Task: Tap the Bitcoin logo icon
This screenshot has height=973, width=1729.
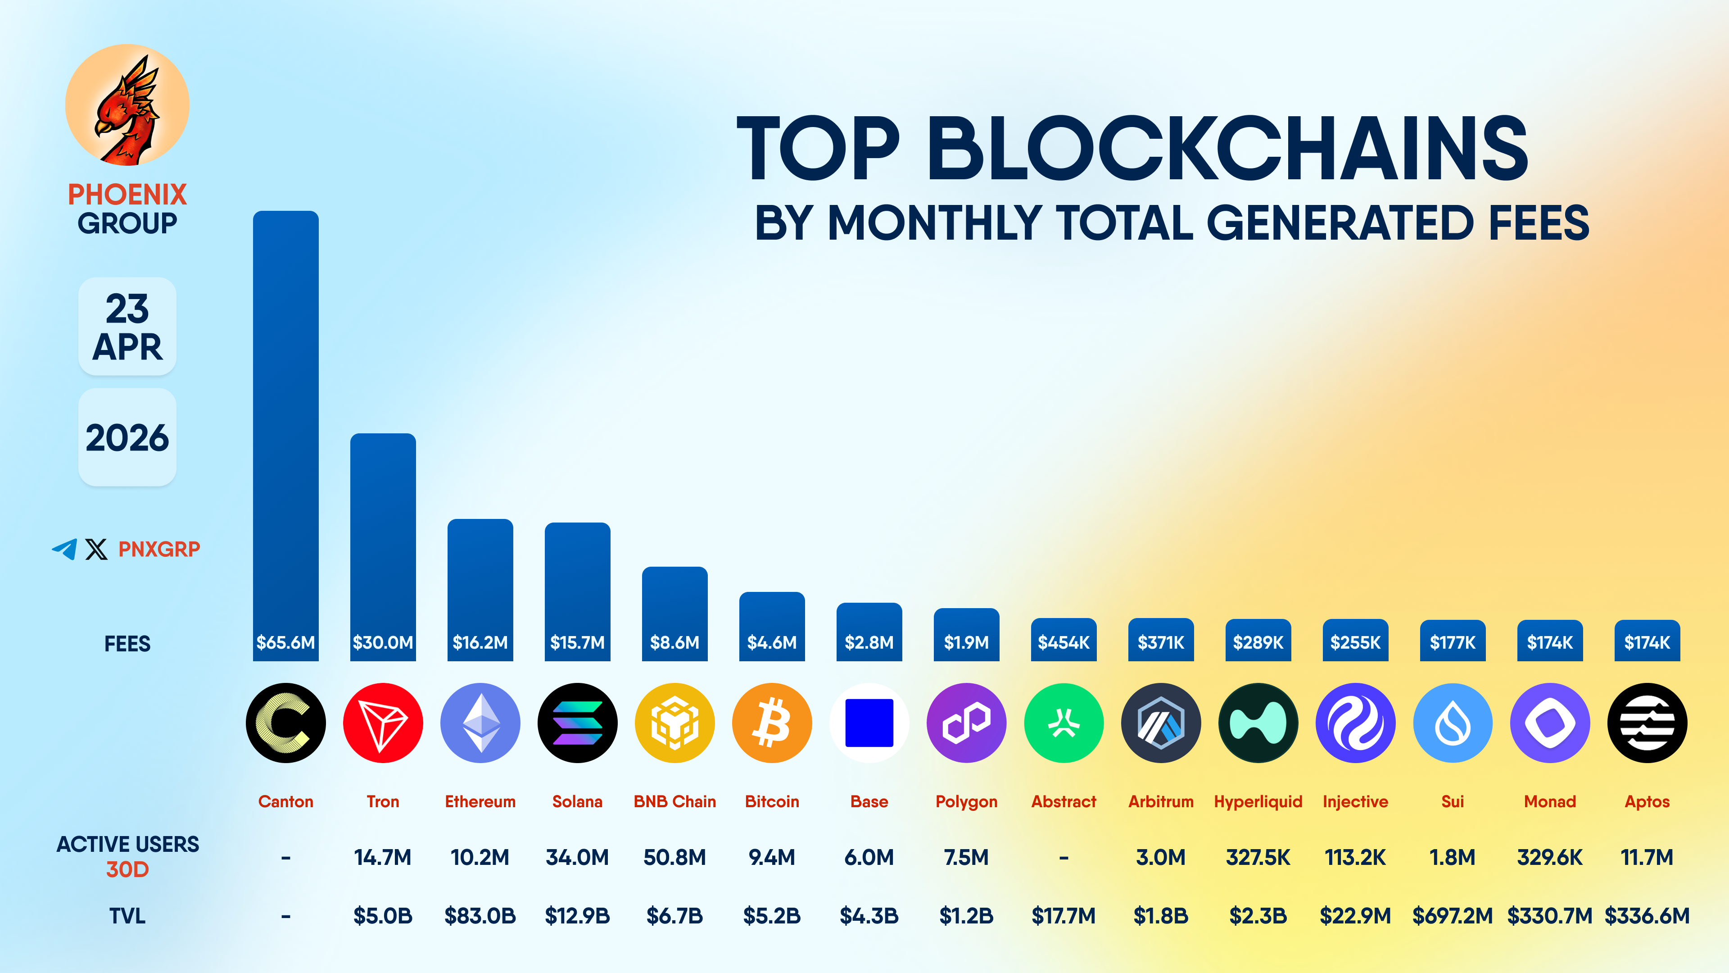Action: (x=772, y=723)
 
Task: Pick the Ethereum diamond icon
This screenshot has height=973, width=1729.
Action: (x=480, y=723)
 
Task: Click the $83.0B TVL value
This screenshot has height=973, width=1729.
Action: (x=480, y=916)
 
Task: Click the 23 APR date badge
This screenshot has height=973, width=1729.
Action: (x=127, y=327)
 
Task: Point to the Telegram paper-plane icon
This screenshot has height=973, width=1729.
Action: (x=64, y=549)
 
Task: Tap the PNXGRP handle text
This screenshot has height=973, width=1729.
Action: (x=159, y=549)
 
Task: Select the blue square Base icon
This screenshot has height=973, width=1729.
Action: (x=869, y=723)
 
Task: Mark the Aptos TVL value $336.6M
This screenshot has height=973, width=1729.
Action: (x=1647, y=916)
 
